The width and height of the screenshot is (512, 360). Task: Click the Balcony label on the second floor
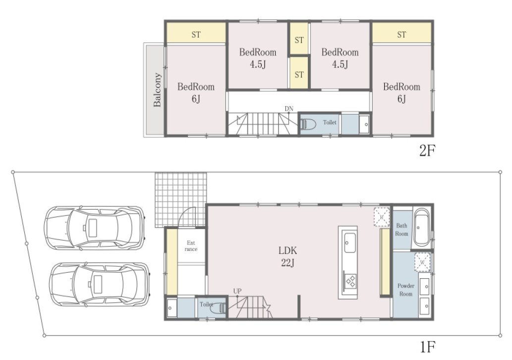point(158,90)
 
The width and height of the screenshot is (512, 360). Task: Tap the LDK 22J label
point(287,256)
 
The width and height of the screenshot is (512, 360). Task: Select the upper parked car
point(94,228)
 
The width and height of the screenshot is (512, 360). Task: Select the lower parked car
point(100,284)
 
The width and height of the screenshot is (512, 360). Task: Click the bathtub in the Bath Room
point(421,227)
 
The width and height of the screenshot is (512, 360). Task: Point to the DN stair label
point(288,109)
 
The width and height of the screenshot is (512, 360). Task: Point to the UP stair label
point(237,291)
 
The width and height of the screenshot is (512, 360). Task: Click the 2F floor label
point(427,151)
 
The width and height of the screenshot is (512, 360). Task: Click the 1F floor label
point(428,347)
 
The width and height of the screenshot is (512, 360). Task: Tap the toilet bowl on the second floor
point(308,124)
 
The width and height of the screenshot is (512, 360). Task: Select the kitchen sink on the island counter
point(350,242)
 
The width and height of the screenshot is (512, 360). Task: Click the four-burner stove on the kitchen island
point(351,281)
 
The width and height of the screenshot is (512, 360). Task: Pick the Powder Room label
point(405,290)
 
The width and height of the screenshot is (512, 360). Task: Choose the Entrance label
point(191,246)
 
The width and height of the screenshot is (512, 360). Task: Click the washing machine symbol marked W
point(422,262)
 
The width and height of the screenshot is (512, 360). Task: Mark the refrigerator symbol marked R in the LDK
point(382,217)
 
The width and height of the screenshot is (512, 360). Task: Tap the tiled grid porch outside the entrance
point(180,199)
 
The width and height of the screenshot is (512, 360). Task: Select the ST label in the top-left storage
point(196,34)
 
